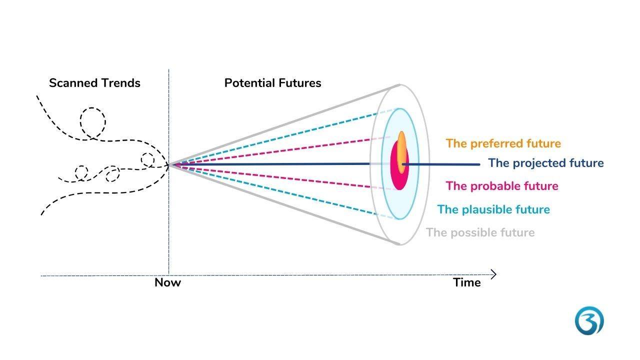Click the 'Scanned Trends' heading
(94, 83)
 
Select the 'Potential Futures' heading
(272, 83)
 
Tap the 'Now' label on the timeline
(167, 282)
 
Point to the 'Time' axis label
(467, 282)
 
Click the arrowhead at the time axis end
(494, 274)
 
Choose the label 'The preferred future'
(503, 143)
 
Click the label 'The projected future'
(545, 163)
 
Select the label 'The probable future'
(502, 186)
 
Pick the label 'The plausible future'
(493, 209)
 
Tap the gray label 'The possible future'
(480, 232)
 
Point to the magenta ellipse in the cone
(399, 177)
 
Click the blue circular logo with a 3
(589, 321)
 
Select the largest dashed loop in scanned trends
(93, 121)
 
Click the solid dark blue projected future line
(280, 164)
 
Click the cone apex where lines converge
(170, 164)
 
